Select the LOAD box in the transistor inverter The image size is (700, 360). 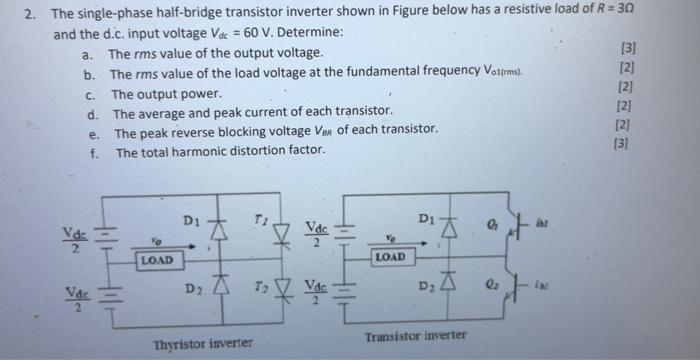pyautogui.click(x=390, y=257)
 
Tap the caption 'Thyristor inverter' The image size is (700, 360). pyautogui.click(x=203, y=344)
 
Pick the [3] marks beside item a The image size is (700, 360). pyautogui.click(x=627, y=49)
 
